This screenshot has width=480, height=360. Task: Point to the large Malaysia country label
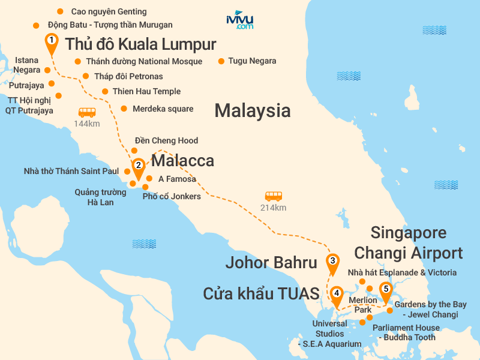(x=252, y=110)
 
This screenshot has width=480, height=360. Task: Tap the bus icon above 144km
(x=87, y=112)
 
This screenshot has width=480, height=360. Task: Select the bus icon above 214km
(x=274, y=196)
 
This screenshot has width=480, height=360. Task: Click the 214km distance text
(x=274, y=208)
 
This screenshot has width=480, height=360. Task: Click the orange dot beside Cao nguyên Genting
(x=59, y=11)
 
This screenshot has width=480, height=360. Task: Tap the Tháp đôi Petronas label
(x=129, y=76)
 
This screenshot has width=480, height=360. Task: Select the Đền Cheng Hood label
(x=166, y=140)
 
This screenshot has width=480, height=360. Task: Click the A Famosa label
(x=177, y=179)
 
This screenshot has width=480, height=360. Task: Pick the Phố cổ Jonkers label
(x=172, y=196)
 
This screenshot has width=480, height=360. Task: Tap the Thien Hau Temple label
(x=146, y=92)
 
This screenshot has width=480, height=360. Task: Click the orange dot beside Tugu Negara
(x=221, y=61)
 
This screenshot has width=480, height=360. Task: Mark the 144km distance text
(x=86, y=124)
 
